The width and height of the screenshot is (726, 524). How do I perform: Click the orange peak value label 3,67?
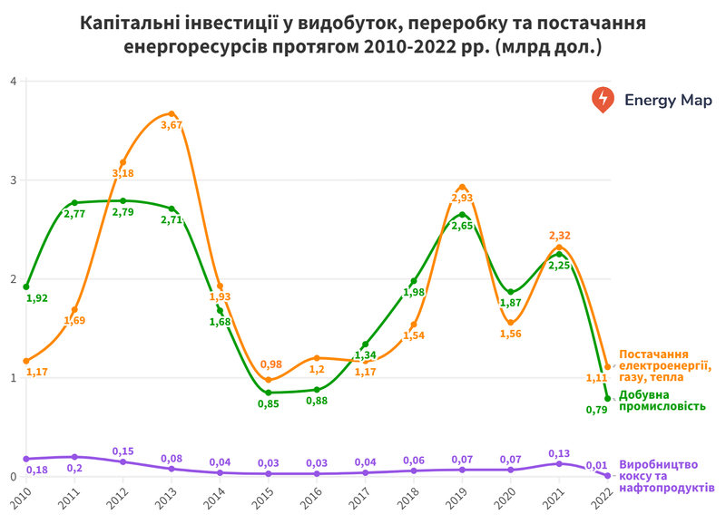pos(172,125)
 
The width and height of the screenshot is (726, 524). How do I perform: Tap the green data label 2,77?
pos(74,215)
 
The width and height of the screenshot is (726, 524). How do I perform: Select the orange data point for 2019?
pos(462,187)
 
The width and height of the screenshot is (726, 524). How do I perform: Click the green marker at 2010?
pos(26,286)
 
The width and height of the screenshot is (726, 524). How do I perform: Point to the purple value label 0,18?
pos(38,470)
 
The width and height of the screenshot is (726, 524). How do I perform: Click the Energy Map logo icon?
pos(602,100)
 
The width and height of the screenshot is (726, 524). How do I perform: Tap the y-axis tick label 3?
pos(13,180)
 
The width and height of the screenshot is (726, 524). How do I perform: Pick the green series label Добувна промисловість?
pos(662,401)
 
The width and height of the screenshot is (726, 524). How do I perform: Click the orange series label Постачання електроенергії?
pos(666,361)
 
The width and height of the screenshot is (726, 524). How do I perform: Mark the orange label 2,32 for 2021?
pos(560,236)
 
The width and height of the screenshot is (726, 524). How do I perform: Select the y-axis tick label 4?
pos(13,81)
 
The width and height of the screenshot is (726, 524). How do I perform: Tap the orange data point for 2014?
pos(220,286)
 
